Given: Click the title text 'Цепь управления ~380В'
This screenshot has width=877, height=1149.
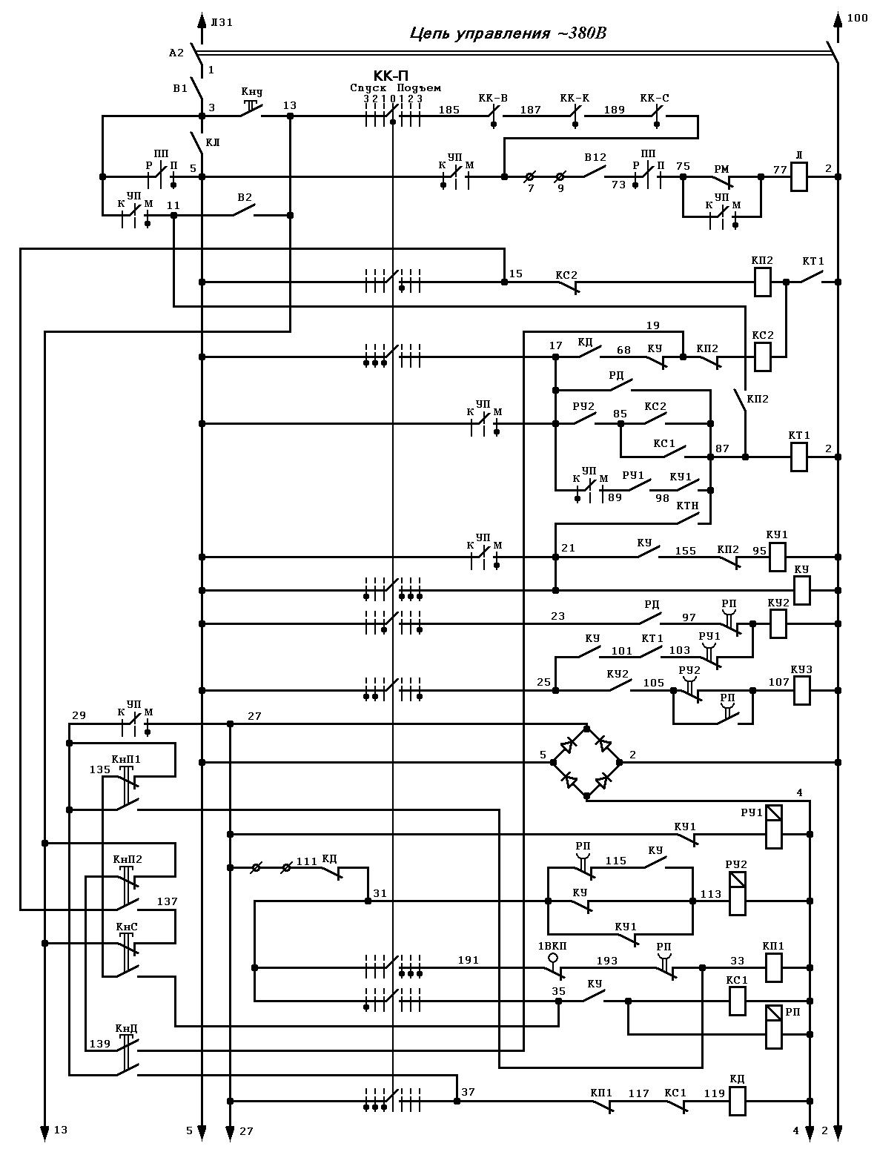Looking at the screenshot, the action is tap(508, 33).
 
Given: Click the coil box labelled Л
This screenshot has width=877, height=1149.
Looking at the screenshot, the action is tap(799, 177).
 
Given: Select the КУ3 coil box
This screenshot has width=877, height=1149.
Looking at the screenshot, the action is tap(802, 690).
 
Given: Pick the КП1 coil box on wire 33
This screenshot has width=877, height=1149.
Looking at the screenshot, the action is tap(774, 968).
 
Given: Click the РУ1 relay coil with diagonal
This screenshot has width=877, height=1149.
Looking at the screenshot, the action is tap(774, 827).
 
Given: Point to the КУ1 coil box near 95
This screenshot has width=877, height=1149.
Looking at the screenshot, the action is tap(777, 557).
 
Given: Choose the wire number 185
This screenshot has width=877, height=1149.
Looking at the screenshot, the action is tap(449, 110).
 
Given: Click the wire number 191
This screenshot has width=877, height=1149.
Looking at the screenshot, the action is tap(469, 960).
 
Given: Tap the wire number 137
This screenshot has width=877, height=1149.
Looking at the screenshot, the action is tap(168, 901).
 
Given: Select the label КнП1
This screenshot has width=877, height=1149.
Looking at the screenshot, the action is tap(126, 759).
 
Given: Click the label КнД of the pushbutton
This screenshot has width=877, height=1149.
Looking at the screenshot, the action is tap(126, 1029).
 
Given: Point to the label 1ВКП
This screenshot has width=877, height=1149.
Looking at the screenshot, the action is tap(552, 947).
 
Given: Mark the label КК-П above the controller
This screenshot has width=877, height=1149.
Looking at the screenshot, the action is tap(391, 76).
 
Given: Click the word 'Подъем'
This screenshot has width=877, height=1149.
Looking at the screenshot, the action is tap(419, 88).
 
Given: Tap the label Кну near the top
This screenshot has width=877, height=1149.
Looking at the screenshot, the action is tap(252, 92).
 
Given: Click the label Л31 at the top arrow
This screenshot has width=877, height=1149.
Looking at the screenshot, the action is tap(222, 22).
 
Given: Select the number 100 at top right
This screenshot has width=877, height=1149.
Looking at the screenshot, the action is tap(857, 19).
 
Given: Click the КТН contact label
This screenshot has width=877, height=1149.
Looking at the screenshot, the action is tap(687, 506).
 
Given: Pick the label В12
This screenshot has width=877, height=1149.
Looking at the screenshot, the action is tap(595, 157).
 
